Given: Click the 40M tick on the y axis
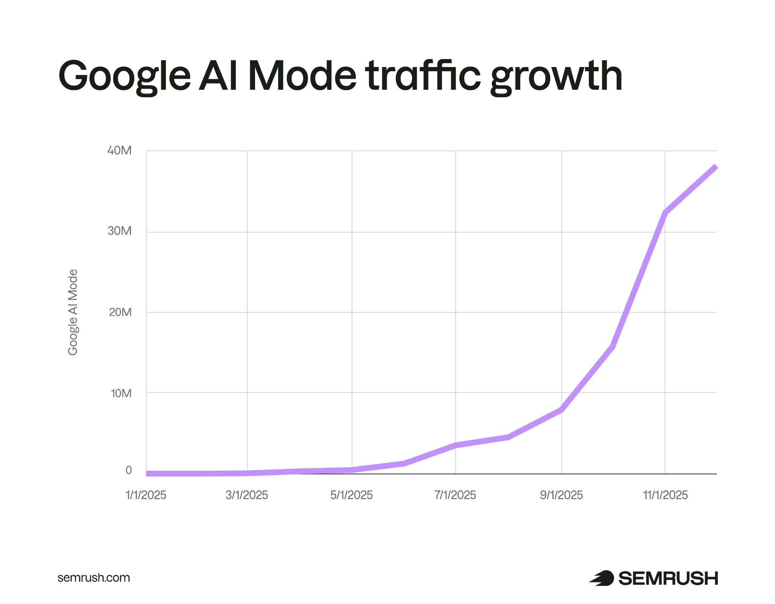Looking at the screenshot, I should pos(120,150).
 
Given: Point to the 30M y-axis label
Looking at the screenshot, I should pos(120,231).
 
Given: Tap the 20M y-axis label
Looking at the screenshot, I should pos(120,312).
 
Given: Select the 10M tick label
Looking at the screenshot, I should pos(121,393).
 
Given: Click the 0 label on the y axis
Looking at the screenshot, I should pos(129,470).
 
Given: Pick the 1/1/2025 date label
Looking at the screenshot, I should pos(146,495).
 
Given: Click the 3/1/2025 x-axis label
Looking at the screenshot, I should pos(247,495).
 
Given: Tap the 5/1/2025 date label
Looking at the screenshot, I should pos(352,495).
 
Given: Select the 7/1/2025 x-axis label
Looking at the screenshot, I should pos(455,495).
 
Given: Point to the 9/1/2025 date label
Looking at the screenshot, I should pos(561,495).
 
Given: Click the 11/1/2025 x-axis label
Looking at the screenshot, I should pos(665,495).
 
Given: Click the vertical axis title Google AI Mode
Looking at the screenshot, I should pos(73,312).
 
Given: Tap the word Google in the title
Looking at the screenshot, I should pos(124,77).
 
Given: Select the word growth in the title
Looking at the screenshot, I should pos(556,78).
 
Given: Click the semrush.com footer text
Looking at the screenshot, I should pos(93,577).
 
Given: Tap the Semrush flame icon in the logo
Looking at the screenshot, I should pos(602,578).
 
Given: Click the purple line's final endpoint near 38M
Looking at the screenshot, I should pos(715,167).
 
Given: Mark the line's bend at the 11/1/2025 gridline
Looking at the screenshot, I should pos(665,212).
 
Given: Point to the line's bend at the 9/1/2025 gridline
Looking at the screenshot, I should pos(561,409).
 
